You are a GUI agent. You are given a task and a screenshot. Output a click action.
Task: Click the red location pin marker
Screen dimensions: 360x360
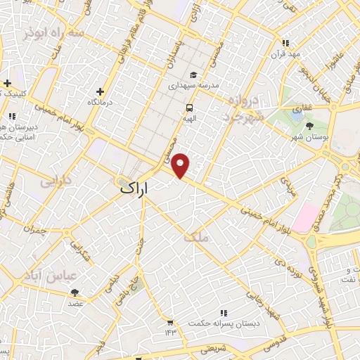tap(181, 165)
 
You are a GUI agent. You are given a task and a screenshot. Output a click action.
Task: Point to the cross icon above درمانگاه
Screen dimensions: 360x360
tap(101, 91)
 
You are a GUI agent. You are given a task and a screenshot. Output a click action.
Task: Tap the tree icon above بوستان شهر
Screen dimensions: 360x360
tap(310, 126)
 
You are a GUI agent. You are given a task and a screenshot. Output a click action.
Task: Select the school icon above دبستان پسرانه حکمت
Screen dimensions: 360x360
tap(224, 313)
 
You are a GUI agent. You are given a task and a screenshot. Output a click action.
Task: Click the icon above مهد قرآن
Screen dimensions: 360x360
tap(285, 42)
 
